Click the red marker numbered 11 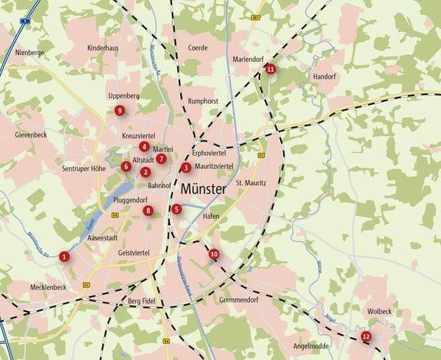coord(270,69)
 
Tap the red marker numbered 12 coord(366,336)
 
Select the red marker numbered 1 coord(65,256)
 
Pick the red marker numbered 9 coord(120,111)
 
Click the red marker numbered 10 coord(214,254)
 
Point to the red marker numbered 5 coord(176,209)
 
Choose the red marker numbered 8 coord(148,211)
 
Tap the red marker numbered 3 coord(186,168)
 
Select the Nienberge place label coord(30,53)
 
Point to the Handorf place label coord(324,76)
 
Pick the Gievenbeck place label coord(31,136)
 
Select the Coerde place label coord(198,48)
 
